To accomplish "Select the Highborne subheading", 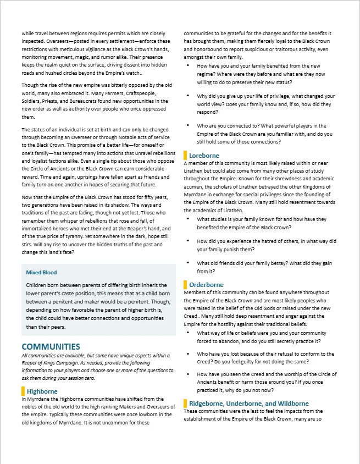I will (42, 391).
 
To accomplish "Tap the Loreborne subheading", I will (204, 156).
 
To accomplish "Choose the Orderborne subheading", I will (206, 285).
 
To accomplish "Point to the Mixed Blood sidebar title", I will (42, 272).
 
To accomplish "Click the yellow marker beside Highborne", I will (23, 391).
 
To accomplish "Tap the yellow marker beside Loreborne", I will (185, 156).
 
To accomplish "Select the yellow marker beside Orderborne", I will (185, 285).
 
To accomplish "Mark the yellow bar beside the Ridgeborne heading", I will (185, 404).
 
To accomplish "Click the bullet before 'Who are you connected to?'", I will (189, 126).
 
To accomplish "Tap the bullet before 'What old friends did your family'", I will (189, 263).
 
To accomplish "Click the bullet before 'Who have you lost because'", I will (189, 355).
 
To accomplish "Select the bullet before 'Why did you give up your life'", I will (189, 96).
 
